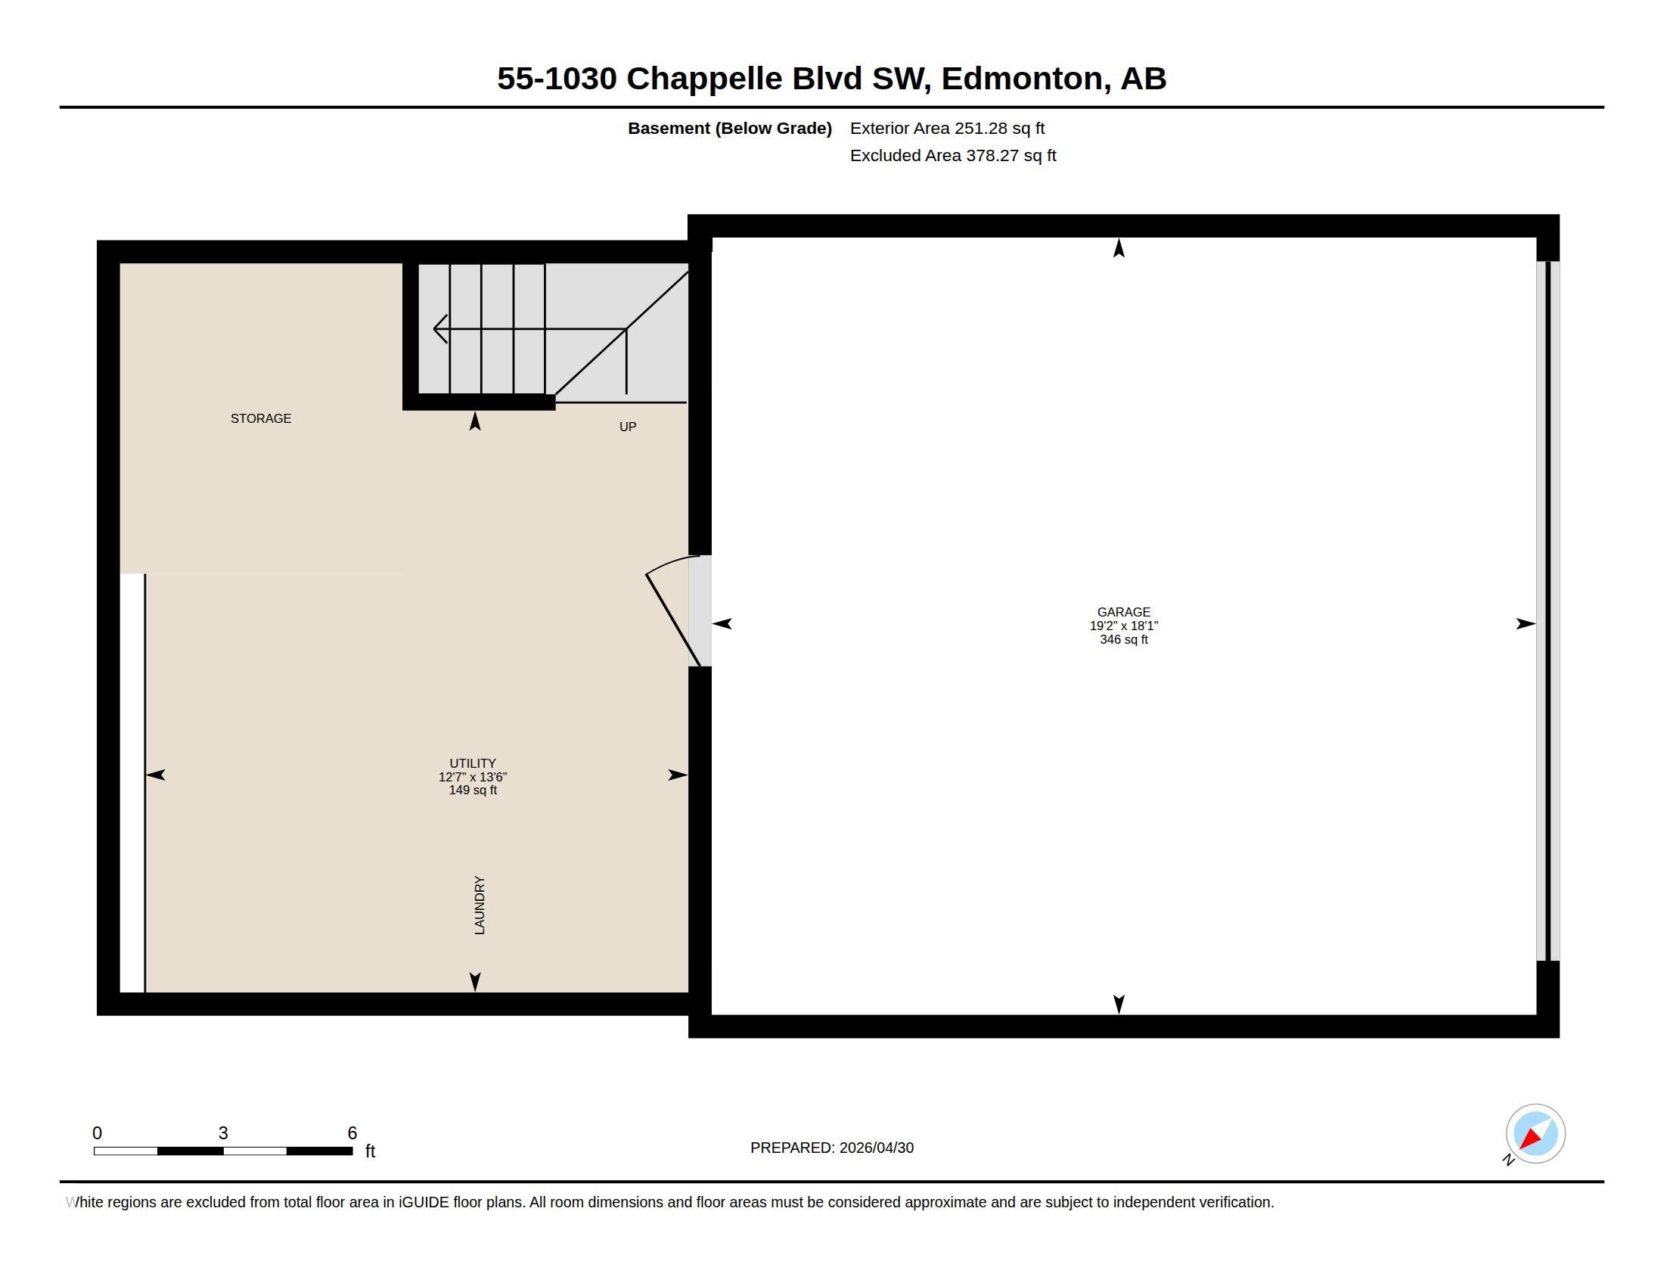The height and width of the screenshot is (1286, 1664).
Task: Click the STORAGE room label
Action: coord(261,418)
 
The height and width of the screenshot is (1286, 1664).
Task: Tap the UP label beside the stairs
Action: coord(628,427)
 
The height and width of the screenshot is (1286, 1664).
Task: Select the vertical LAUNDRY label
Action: coord(480,905)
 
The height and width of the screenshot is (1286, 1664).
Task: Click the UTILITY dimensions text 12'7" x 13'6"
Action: coord(473,777)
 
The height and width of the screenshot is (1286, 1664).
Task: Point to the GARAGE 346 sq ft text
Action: coord(1124,639)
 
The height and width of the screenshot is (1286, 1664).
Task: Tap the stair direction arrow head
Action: coord(439,329)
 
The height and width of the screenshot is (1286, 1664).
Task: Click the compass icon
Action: coord(1535,1134)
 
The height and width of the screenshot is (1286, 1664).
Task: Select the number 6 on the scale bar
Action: coord(352,1133)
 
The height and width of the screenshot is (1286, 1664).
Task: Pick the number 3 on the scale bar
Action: coord(223,1133)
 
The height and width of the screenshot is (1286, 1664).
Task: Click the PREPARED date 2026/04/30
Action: coord(876,1148)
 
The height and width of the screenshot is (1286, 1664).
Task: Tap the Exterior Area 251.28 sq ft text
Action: coord(947,128)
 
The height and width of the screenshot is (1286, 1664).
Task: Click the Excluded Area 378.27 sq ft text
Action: coord(953,155)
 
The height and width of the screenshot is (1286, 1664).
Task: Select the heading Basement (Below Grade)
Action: coord(730,128)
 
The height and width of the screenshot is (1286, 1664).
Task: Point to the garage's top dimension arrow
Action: coord(1119,247)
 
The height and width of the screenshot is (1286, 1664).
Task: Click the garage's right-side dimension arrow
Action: coord(1526,624)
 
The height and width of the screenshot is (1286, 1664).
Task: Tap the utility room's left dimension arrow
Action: coord(155,775)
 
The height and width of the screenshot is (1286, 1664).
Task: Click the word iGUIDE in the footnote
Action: coord(424,1202)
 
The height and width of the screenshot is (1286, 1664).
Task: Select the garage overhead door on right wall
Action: coord(1548,611)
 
